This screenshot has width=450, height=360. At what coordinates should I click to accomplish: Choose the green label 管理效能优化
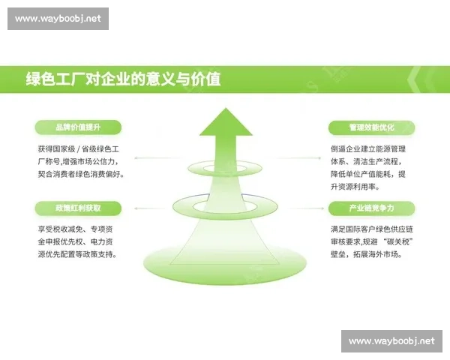coord(371,127)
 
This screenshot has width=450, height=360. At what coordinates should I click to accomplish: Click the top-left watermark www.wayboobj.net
coord(60,18)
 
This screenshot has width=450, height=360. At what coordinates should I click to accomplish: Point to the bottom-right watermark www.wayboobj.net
coord(391,341)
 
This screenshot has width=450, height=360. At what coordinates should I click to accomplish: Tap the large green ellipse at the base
coord(225,259)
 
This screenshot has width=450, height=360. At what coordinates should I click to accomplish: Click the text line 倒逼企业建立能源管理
coord(367,148)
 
